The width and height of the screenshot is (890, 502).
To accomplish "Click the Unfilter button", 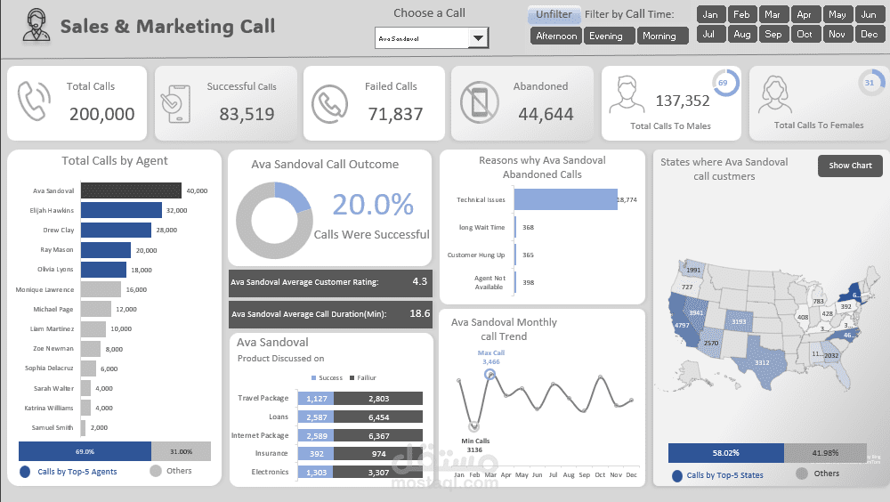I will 554,14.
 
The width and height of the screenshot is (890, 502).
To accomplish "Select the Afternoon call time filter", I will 556,36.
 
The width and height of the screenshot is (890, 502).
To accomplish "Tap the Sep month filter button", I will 773,34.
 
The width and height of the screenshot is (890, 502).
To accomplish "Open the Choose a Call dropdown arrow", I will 478,38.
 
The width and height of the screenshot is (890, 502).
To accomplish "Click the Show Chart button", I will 850,166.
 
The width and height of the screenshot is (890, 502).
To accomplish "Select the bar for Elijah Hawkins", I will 121,210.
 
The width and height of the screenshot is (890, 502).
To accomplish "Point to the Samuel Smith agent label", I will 53,427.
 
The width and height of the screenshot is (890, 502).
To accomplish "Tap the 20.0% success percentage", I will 373,205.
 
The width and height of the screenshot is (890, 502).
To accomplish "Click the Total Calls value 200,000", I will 102,114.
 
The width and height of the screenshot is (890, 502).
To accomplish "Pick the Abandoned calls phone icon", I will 481,102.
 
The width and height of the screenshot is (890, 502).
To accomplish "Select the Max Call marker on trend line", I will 489,374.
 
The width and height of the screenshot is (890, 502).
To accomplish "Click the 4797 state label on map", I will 682,326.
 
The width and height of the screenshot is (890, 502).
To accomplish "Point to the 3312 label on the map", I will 761,363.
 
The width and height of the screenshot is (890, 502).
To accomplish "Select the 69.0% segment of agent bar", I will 85,452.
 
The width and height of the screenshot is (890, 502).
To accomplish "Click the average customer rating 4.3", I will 419,281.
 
